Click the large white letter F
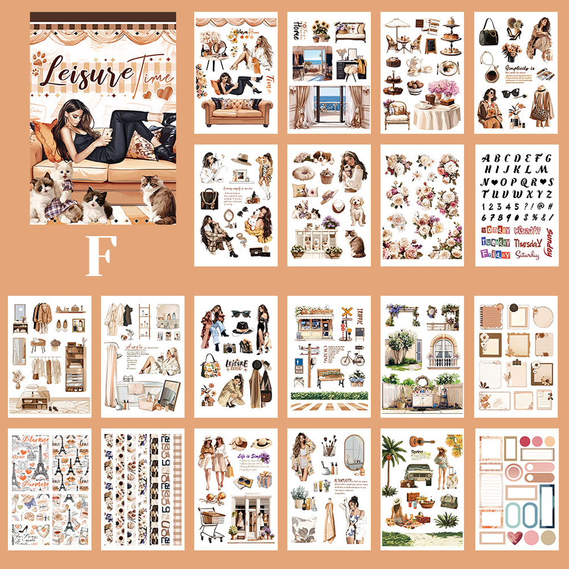[102, 257]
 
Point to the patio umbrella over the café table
[396, 23]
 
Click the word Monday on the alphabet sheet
[495, 231]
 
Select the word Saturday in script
[526, 255]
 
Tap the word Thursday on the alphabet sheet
[528, 243]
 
